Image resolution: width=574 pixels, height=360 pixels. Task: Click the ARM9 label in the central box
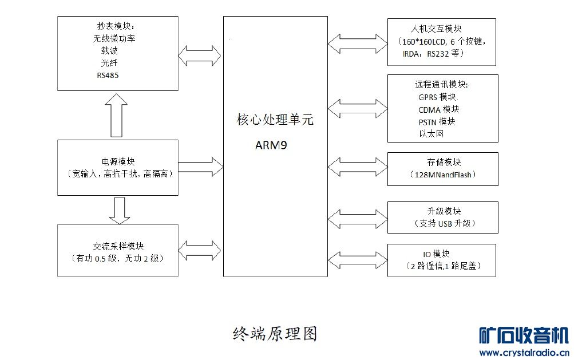tap(271, 145)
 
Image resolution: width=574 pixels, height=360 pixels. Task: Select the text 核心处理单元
tap(275, 121)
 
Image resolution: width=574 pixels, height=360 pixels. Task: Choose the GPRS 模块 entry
tap(438, 97)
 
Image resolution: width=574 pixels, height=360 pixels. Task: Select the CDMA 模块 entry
tap(438, 109)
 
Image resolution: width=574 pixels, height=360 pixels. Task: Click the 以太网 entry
tap(431, 134)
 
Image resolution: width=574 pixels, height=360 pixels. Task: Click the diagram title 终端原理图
tap(275, 334)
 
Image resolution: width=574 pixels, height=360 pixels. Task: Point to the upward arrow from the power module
tap(117, 115)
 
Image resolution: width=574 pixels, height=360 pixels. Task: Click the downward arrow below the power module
tap(119, 211)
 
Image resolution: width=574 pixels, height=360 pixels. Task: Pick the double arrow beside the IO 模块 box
tap(358, 259)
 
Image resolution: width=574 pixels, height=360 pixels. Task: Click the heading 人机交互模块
tap(437, 29)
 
